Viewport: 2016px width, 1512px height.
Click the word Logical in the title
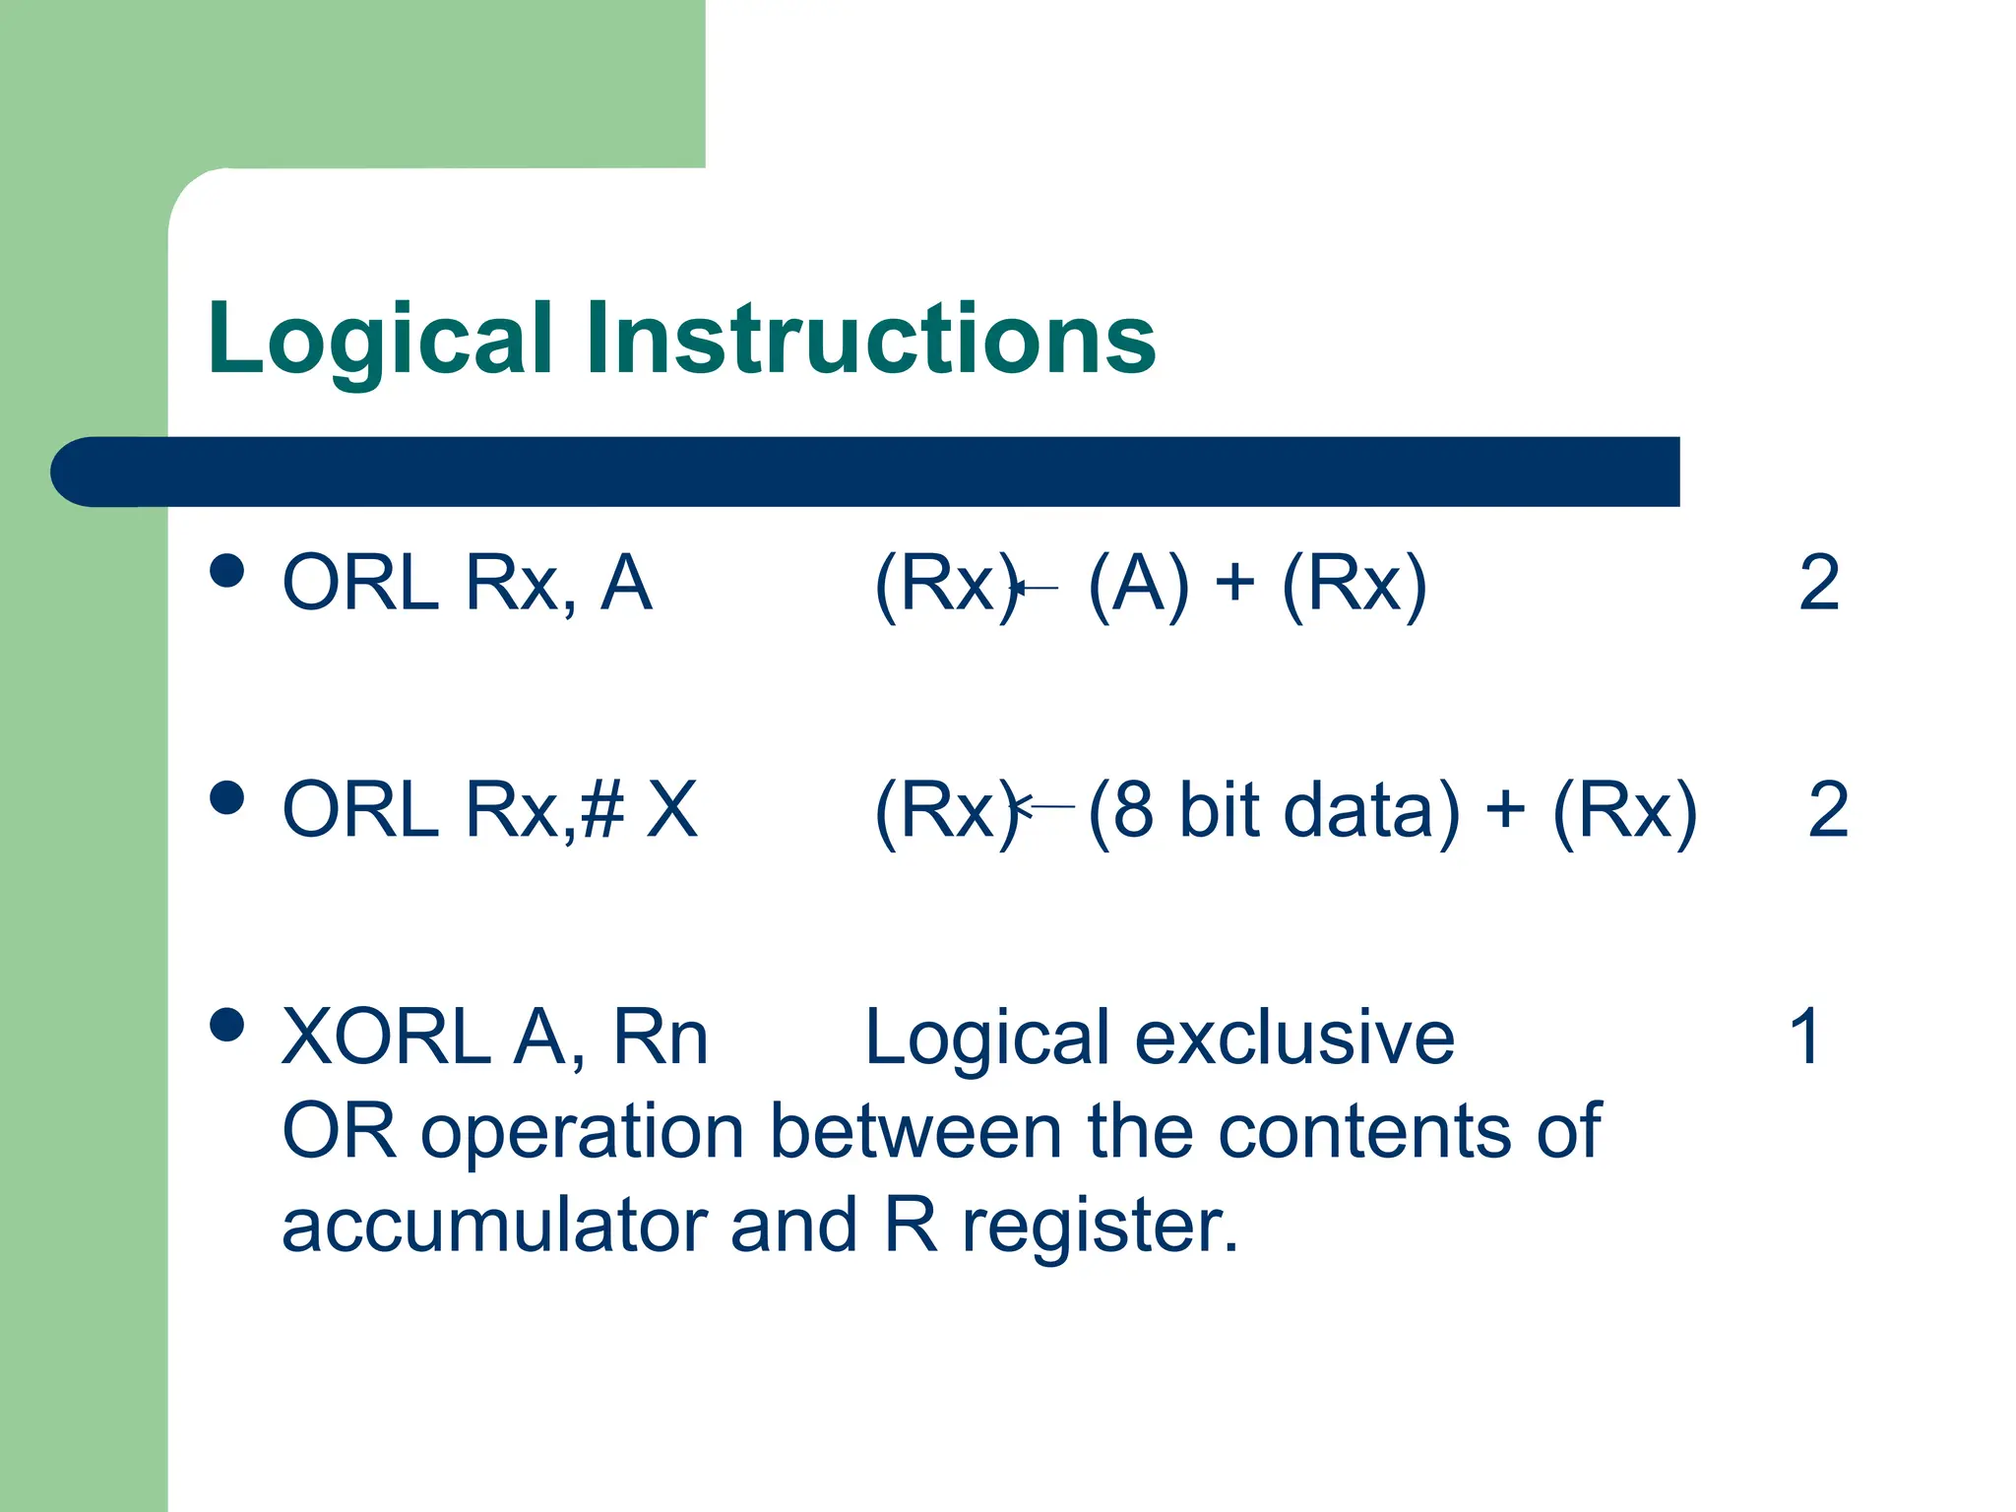click(x=380, y=340)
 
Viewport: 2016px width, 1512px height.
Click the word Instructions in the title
click(x=870, y=340)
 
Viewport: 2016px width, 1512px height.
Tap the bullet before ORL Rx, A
click(x=227, y=571)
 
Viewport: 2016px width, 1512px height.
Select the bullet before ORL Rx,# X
click(x=227, y=797)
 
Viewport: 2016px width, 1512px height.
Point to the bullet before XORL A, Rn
click(x=227, y=1025)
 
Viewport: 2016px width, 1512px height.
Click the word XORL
click(x=385, y=1038)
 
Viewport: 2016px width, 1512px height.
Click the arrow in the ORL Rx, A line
click(x=1035, y=589)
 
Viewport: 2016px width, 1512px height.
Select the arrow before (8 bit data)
click(x=1043, y=806)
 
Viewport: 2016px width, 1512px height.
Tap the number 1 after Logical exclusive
click(x=1804, y=1037)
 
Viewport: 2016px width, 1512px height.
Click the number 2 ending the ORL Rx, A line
click(x=1818, y=584)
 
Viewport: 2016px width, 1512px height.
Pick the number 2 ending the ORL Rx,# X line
click(x=1828, y=810)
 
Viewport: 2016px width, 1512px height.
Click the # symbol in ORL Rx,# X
click(x=602, y=810)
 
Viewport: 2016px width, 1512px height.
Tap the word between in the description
click(x=915, y=1132)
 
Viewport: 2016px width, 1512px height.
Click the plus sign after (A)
click(x=1234, y=584)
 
